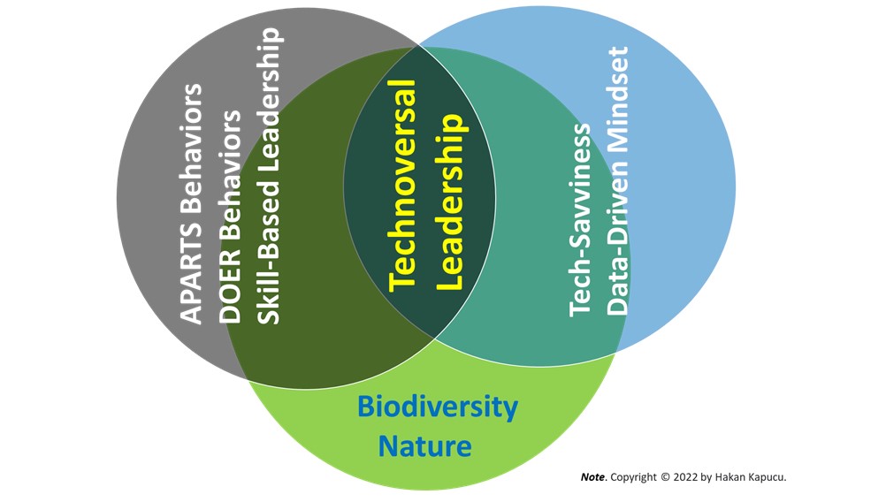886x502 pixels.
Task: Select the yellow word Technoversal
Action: point(403,186)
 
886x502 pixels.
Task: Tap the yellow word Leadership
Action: point(452,202)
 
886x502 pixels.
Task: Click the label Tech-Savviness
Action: point(580,220)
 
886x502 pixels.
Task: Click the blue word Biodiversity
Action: point(438,407)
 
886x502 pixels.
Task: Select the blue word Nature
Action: point(425,446)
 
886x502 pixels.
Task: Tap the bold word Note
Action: point(592,477)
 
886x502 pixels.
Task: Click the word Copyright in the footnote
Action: point(633,478)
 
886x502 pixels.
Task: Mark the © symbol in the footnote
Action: point(665,477)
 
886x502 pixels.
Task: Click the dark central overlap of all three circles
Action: point(419,192)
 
